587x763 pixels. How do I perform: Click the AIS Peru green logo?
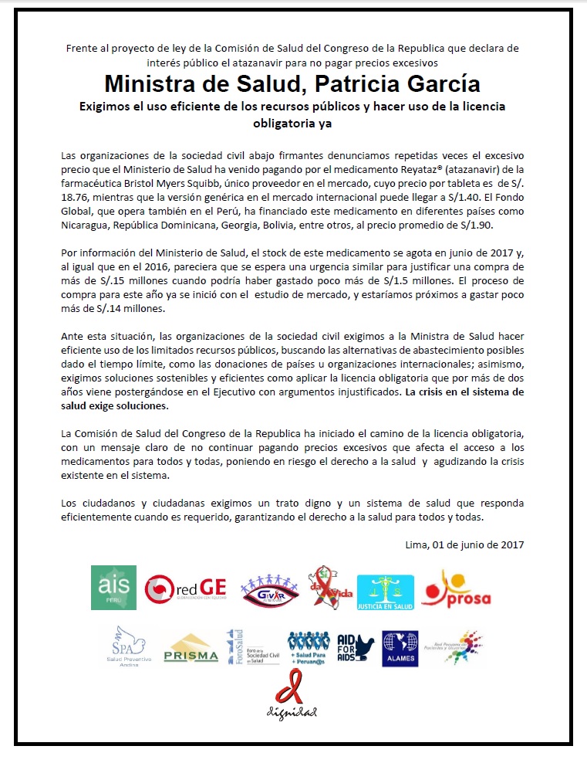tap(113, 588)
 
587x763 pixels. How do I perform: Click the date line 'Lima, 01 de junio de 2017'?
tap(464, 544)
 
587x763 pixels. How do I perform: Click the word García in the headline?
tap(444, 83)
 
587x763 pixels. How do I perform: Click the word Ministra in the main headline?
tap(147, 83)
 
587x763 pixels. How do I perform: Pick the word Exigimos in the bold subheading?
tap(110, 107)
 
